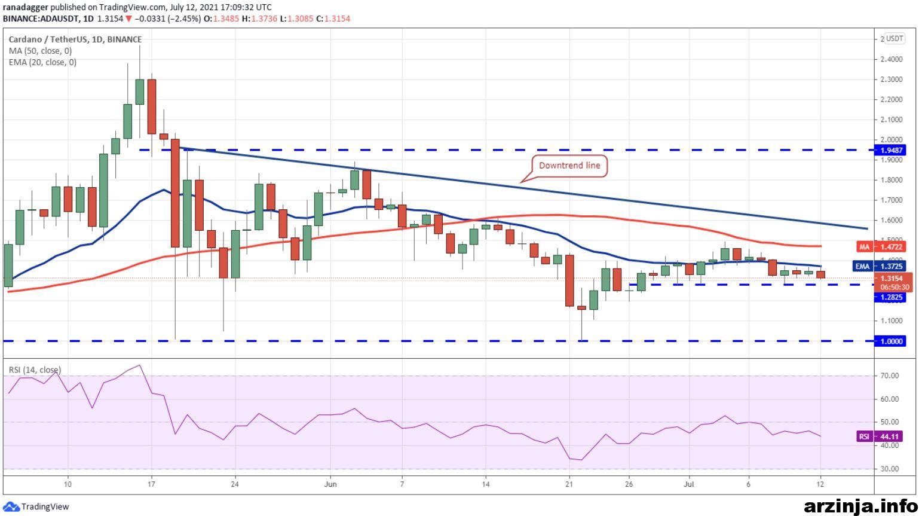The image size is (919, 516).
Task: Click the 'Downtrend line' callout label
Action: tap(569, 166)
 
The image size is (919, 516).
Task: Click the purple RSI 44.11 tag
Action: tap(881, 436)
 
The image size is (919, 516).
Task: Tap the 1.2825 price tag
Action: tap(890, 298)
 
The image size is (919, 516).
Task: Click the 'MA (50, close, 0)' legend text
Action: tap(40, 51)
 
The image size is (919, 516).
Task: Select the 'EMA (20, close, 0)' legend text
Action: tap(42, 62)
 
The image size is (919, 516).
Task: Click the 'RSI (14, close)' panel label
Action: tap(35, 370)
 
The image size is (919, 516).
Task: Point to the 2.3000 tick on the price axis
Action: tap(892, 80)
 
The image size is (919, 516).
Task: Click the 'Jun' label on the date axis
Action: tap(330, 484)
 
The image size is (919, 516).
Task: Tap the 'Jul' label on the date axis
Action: tap(689, 484)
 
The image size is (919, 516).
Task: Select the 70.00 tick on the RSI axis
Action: tap(889, 375)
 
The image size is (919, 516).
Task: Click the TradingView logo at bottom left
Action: tap(36, 506)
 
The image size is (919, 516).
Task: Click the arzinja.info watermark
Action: tap(861, 506)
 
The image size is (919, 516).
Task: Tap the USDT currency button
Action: tap(894, 39)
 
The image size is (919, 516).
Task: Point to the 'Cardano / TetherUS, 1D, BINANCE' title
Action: tap(75, 39)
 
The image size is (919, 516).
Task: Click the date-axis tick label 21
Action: tap(569, 484)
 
